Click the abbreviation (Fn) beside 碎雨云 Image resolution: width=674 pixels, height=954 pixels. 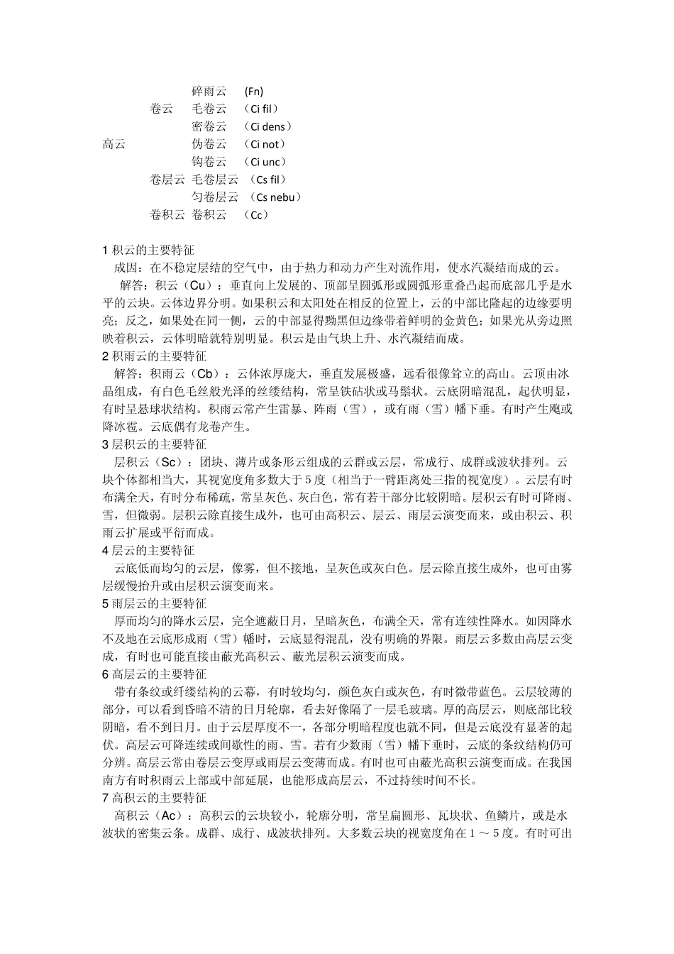coord(253,92)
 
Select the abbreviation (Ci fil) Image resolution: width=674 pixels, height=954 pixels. coord(260,109)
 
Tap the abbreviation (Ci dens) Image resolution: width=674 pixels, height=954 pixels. coord(267,127)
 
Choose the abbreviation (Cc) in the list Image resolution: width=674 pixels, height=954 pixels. coord(256,215)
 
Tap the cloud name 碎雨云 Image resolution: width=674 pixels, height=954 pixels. coord(209,92)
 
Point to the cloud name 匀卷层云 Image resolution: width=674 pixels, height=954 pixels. coord(215,197)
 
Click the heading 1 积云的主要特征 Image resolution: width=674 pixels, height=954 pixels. coord(148,251)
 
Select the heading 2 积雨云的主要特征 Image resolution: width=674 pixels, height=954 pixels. coord(155,356)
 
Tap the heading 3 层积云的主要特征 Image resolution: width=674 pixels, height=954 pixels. coord(155,445)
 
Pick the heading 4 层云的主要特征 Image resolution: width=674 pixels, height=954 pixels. coord(148,551)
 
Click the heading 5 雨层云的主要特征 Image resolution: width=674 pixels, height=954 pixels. coord(155,604)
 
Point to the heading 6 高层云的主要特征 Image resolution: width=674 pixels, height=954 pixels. coord(155,674)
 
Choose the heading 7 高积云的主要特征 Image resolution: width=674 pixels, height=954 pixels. coord(155,799)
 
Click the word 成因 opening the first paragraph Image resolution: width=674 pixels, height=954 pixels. coord(125,268)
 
